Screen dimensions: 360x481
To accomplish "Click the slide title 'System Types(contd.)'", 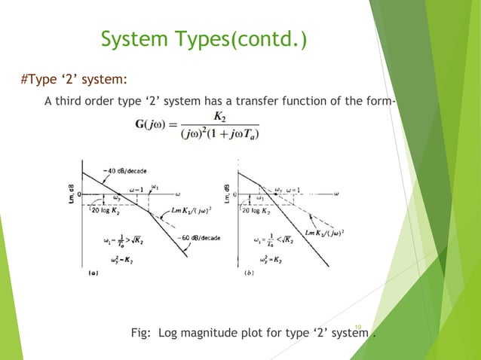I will tap(204, 38).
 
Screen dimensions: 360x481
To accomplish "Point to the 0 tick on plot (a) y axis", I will tap(79, 193).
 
